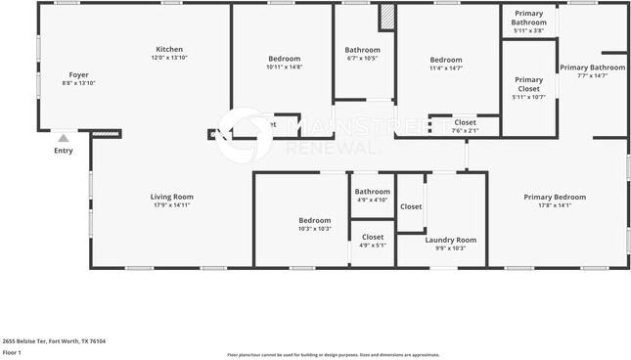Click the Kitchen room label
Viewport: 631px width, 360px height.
[x=169, y=49]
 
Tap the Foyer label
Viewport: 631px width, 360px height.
[x=78, y=74]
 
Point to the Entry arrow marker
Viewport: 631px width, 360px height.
[x=63, y=139]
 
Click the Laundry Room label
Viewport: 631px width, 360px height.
[x=450, y=240]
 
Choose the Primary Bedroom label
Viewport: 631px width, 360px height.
[x=554, y=197]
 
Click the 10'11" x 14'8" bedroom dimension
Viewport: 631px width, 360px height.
[x=285, y=67]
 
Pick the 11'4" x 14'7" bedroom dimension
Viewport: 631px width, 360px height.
[x=445, y=67]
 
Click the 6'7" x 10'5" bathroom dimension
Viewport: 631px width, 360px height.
[x=362, y=59]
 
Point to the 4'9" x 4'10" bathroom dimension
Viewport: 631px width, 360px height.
[x=372, y=200]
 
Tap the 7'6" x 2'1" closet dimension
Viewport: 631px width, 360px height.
[x=465, y=130]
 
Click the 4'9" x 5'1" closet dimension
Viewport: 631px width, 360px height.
[x=373, y=245]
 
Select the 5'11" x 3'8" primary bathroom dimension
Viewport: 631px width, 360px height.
[x=528, y=31]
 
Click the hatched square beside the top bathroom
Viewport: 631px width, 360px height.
[x=386, y=17]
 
